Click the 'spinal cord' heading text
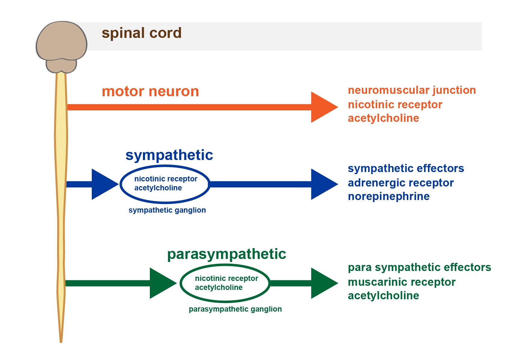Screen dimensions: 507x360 coord(141,33)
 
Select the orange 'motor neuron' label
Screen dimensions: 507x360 coord(150,91)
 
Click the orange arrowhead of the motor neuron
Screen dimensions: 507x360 coord(324,107)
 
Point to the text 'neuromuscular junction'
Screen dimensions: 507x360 coord(412,90)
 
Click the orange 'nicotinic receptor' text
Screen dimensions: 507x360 coord(395,105)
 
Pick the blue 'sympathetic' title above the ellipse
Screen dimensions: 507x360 coord(169,156)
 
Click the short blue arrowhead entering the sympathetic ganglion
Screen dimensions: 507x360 coord(105,184)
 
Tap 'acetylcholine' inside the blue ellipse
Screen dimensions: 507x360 coord(158,188)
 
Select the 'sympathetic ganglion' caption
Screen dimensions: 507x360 coord(167,211)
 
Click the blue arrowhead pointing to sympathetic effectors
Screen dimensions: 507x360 coord(324,184)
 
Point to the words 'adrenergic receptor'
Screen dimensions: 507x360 coord(400,183)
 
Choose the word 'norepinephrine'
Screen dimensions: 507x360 coord(389,197)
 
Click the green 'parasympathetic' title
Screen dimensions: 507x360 coord(227,254)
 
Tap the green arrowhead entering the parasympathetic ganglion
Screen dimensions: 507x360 coord(163,283)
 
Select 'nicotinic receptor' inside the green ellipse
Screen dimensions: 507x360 coord(226,278)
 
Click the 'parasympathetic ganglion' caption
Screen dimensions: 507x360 coord(235,309)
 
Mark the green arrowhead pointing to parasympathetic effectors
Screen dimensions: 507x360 coord(324,283)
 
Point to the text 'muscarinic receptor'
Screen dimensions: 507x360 coord(401,282)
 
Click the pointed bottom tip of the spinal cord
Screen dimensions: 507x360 coord(61,342)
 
